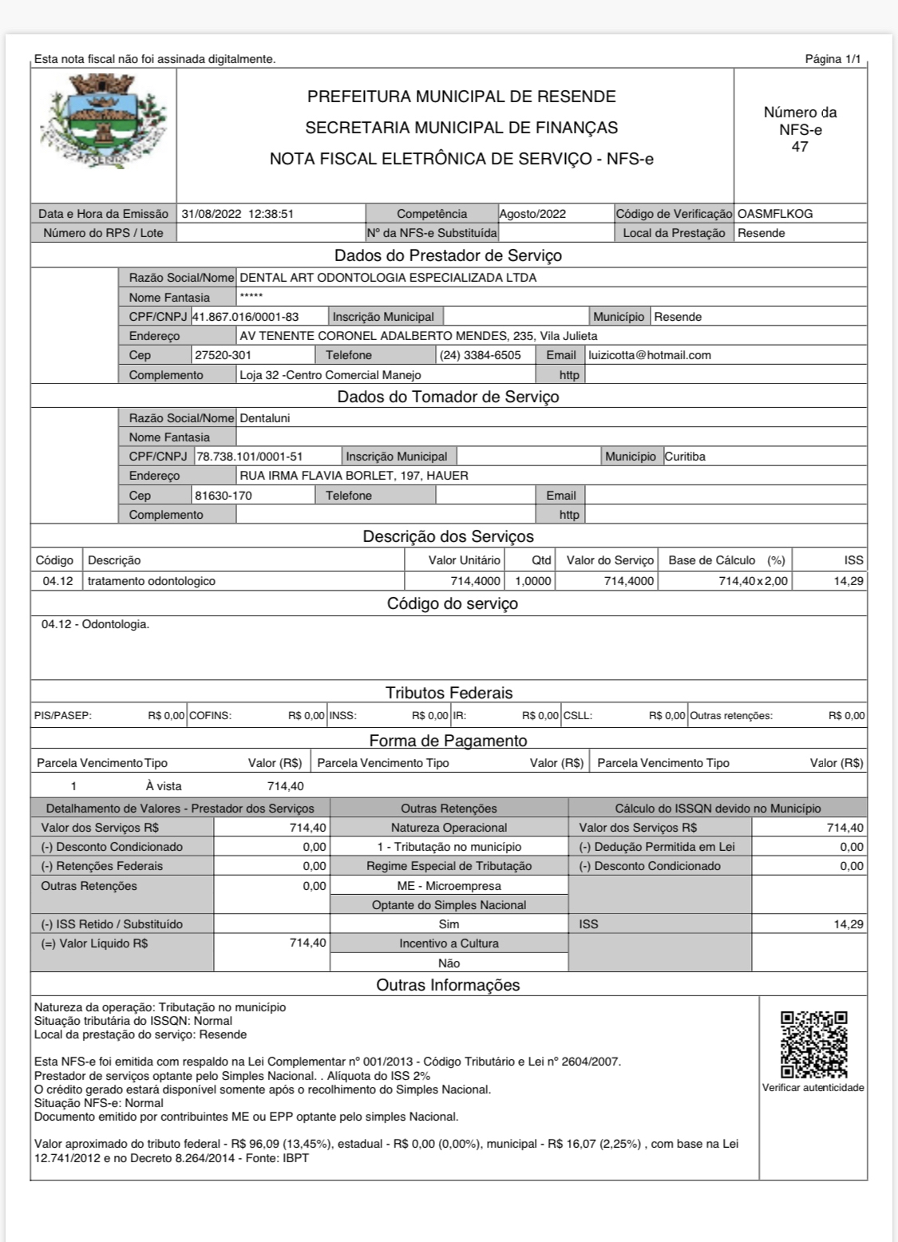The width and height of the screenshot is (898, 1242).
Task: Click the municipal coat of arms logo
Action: click(103, 121)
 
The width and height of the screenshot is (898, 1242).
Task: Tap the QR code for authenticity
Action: click(813, 1045)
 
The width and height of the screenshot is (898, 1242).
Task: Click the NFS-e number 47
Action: click(800, 147)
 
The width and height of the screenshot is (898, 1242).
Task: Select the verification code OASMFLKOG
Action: click(775, 214)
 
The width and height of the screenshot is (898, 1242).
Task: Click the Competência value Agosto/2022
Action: click(532, 214)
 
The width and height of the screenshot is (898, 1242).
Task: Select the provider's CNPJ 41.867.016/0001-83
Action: click(246, 317)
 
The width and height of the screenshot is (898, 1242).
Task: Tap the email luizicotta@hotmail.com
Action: click(650, 355)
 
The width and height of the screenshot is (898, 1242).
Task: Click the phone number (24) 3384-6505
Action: click(481, 355)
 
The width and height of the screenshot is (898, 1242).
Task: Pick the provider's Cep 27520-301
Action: click(224, 355)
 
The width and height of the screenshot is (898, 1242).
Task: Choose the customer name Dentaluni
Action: click(265, 418)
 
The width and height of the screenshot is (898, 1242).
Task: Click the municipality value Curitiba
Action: click(685, 457)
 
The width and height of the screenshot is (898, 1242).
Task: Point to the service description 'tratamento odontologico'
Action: click(152, 581)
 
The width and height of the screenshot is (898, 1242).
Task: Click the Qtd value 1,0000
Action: click(533, 581)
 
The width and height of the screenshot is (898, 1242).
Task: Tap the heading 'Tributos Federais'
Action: click(449, 693)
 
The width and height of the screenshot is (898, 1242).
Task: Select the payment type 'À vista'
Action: click(164, 786)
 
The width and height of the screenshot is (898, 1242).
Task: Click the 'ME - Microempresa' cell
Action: click(449, 886)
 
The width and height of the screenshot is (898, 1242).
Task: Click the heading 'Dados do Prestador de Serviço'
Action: click(448, 256)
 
